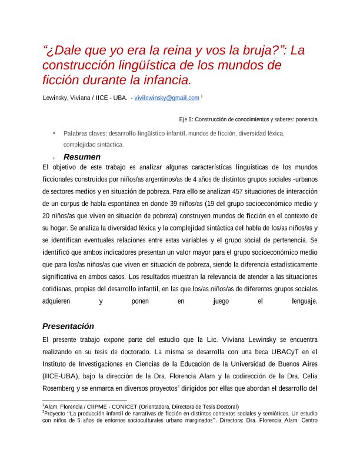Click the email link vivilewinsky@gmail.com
coord(166,98)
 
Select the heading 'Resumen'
coord(82,157)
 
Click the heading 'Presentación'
coord(68,326)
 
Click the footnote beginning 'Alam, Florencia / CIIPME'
coord(141,407)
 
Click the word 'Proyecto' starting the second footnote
coord(55,414)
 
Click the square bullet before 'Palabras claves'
coord(54,133)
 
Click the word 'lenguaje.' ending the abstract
coord(304,301)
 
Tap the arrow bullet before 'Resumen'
coord(54,158)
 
